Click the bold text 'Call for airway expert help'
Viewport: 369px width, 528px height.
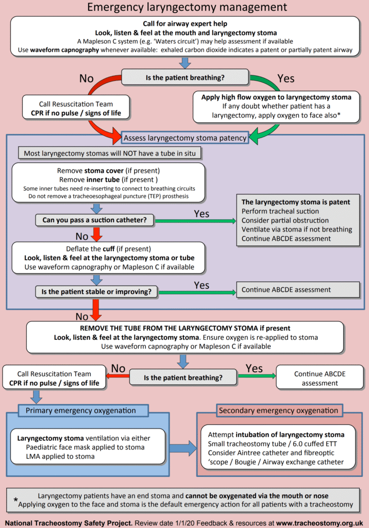pos(185,24)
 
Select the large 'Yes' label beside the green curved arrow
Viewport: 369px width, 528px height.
pos(286,78)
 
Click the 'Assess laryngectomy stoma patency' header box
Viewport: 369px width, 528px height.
pos(184,138)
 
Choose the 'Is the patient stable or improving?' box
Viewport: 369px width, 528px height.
pos(96,292)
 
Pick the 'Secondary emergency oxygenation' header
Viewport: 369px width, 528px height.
pos(278,411)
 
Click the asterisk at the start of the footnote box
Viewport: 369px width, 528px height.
pos(16,500)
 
